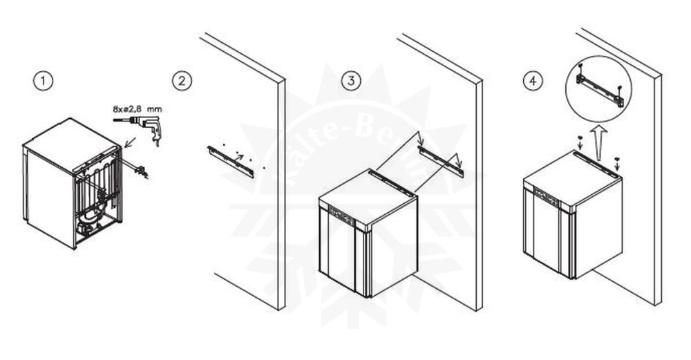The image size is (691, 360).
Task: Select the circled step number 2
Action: [x=182, y=82]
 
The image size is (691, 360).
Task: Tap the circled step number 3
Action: [x=352, y=82]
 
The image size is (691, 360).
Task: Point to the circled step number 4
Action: [x=533, y=82]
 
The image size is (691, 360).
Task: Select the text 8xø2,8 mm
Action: [x=138, y=108]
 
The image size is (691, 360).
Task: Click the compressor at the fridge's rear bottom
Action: [x=88, y=221]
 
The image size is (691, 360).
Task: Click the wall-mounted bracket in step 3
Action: [x=441, y=161]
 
